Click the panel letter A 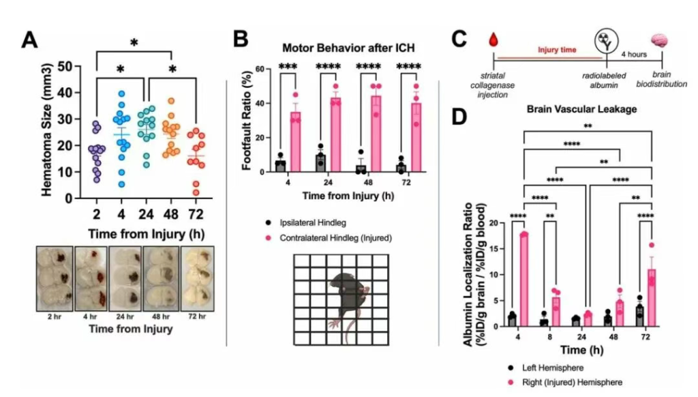30,39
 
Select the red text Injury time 553,50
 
